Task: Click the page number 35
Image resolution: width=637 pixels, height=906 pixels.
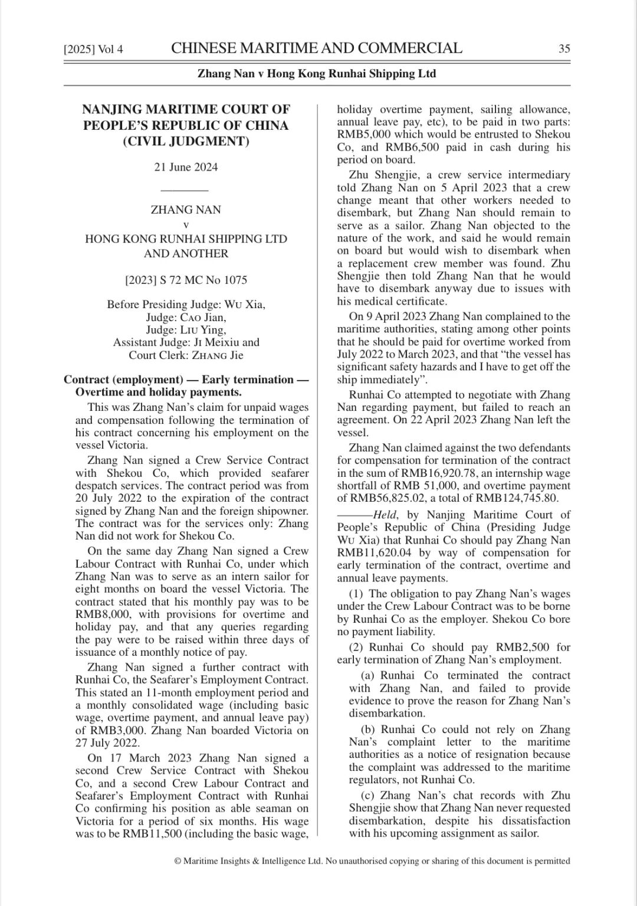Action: pos(564,49)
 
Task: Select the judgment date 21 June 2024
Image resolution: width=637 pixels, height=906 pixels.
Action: pos(186,167)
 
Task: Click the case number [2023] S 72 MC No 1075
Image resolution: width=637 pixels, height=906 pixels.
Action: pos(186,280)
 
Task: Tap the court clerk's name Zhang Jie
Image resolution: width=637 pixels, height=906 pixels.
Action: pos(218,355)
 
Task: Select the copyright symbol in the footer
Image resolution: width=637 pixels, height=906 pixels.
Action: pos(178,861)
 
